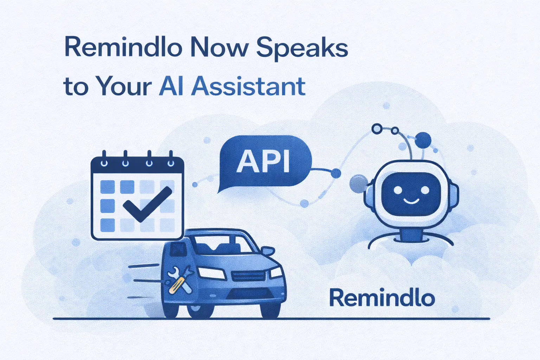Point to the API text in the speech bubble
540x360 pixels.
click(x=263, y=161)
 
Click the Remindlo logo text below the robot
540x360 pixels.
click(x=382, y=298)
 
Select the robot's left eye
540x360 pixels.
click(x=398, y=190)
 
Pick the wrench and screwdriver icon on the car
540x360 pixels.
click(x=180, y=279)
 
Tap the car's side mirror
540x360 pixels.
click(x=267, y=251)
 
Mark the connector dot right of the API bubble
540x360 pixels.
click(x=336, y=173)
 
